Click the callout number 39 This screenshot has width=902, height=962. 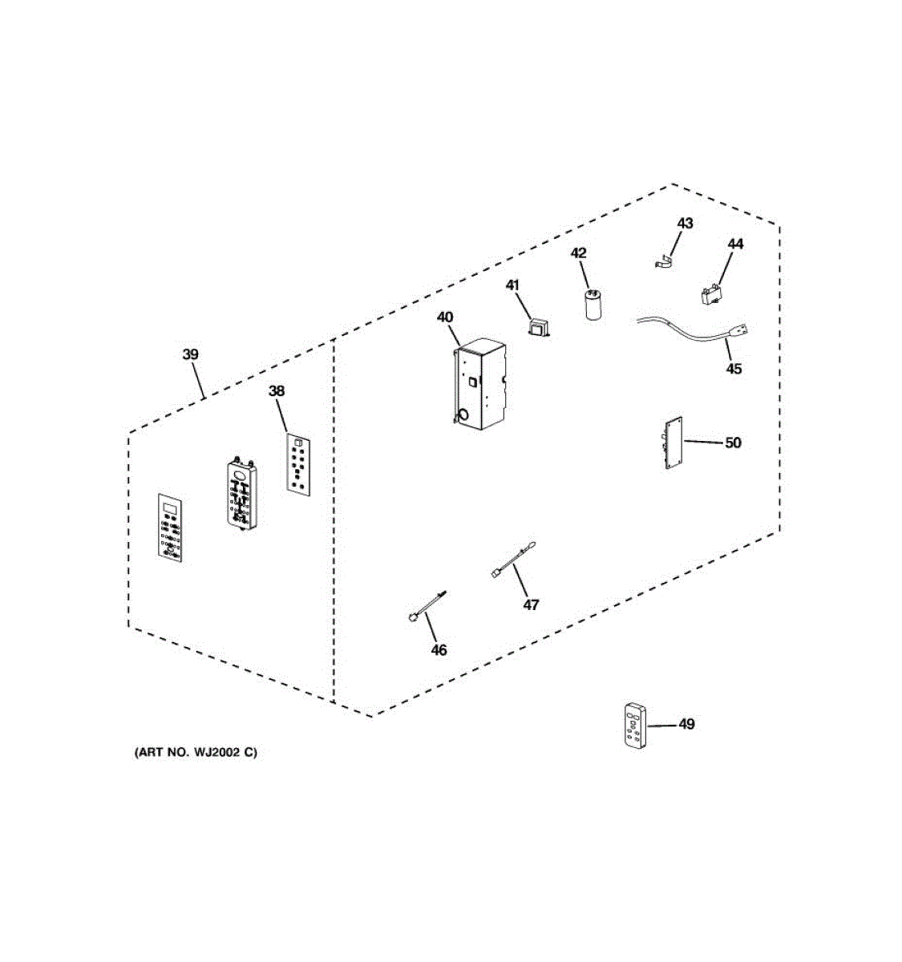pyautogui.click(x=190, y=354)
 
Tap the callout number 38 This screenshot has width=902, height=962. pyautogui.click(x=276, y=391)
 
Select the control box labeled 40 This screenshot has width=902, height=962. pyautogui.click(x=479, y=382)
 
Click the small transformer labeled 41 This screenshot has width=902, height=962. pyautogui.click(x=539, y=326)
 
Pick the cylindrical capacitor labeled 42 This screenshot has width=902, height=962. pyautogui.click(x=593, y=305)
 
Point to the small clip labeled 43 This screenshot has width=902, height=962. pyautogui.click(x=661, y=261)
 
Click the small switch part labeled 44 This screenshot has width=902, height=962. pyautogui.click(x=711, y=295)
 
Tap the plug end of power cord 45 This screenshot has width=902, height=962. pyautogui.click(x=739, y=330)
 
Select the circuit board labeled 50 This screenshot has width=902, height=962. pyautogui.click(x=672, y=443)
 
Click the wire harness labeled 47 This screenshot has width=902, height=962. pyautogui.click(x=513, y=559)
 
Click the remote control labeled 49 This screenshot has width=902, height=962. pyautogui.click(x=634, y=726)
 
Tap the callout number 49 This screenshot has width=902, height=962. pyautogui.click(x=686, y=724)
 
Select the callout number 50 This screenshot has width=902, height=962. pyautogui.click(x=733, y=443)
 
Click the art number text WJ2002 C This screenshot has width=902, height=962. pyautogui.click(x=196, y=753)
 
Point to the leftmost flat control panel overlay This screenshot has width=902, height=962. pyautogui.click(x=169, y=525)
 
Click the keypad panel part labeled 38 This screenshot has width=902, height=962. pyautogui.click(x=298, y=463)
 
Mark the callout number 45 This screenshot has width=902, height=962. pyautogui.click(x=734, y=369)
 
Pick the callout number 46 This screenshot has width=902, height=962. pyautogui.click(x=439, y=650)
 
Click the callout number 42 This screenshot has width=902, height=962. pyautogui.click(x=579, y=253)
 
